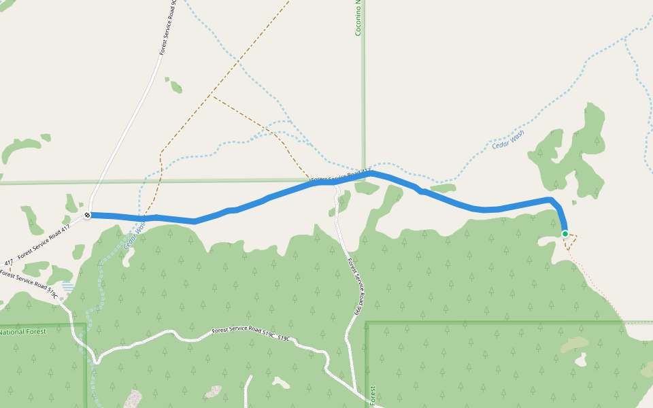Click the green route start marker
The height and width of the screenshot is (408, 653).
[565, 234]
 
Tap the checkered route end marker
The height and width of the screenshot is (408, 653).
[88, 216]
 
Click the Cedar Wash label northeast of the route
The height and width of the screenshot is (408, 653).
[509, 140]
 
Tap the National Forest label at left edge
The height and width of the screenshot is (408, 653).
[22, 333]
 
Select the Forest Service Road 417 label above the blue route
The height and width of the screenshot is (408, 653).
[340, 175]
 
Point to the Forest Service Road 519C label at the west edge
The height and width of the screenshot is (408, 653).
[27, 284]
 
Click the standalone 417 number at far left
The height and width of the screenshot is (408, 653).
[8, 262]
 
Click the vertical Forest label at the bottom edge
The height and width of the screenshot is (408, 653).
[373, 396]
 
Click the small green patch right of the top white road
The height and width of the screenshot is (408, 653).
[175, 86]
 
